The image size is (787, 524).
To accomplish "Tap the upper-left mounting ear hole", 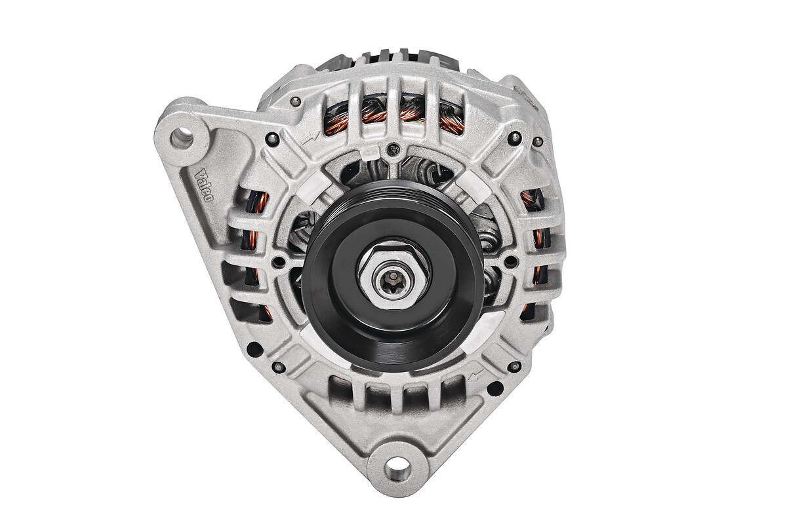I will pyautogui.click(x=182, y=138).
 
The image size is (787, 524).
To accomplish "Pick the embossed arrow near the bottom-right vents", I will pyautogui.click(x=478, y=375).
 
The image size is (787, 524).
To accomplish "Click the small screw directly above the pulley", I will pyautogui.click(x=393, y=149).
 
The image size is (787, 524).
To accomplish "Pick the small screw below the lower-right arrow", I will pyautogui.click(x=515, y=366).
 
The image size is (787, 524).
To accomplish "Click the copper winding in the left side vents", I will pyautogui.click(x=257, y=203).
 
